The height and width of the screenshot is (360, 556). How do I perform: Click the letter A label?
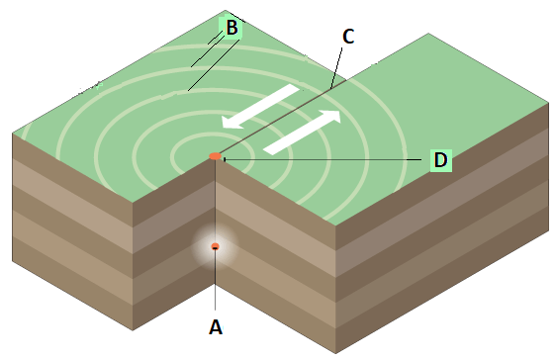[216, 327]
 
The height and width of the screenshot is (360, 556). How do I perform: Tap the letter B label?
[232, 28]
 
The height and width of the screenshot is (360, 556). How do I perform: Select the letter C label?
[348, 37]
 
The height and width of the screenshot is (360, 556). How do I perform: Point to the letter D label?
[441, 160]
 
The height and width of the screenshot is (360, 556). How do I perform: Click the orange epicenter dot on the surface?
[216, 156]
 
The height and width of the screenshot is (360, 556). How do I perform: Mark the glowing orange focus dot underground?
[216, 246]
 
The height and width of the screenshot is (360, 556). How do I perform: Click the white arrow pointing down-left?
[260, 106]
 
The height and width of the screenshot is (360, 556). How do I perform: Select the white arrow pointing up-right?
[302, 133]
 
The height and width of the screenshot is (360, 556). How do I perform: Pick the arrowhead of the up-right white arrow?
[330, 117]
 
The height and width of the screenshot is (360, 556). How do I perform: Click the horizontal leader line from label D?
[323, 160]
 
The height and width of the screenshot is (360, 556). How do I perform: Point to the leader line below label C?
[336, 67]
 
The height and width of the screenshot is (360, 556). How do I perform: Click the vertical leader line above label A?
[216, 280]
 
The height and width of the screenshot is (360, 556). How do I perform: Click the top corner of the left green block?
[226, 11]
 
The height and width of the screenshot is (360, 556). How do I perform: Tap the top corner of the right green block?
[428, 34]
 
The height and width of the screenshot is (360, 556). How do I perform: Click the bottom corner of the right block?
[335, 353]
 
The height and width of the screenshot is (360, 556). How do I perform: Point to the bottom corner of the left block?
[133, 330]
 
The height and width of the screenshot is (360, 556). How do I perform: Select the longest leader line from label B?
[214, 65]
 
